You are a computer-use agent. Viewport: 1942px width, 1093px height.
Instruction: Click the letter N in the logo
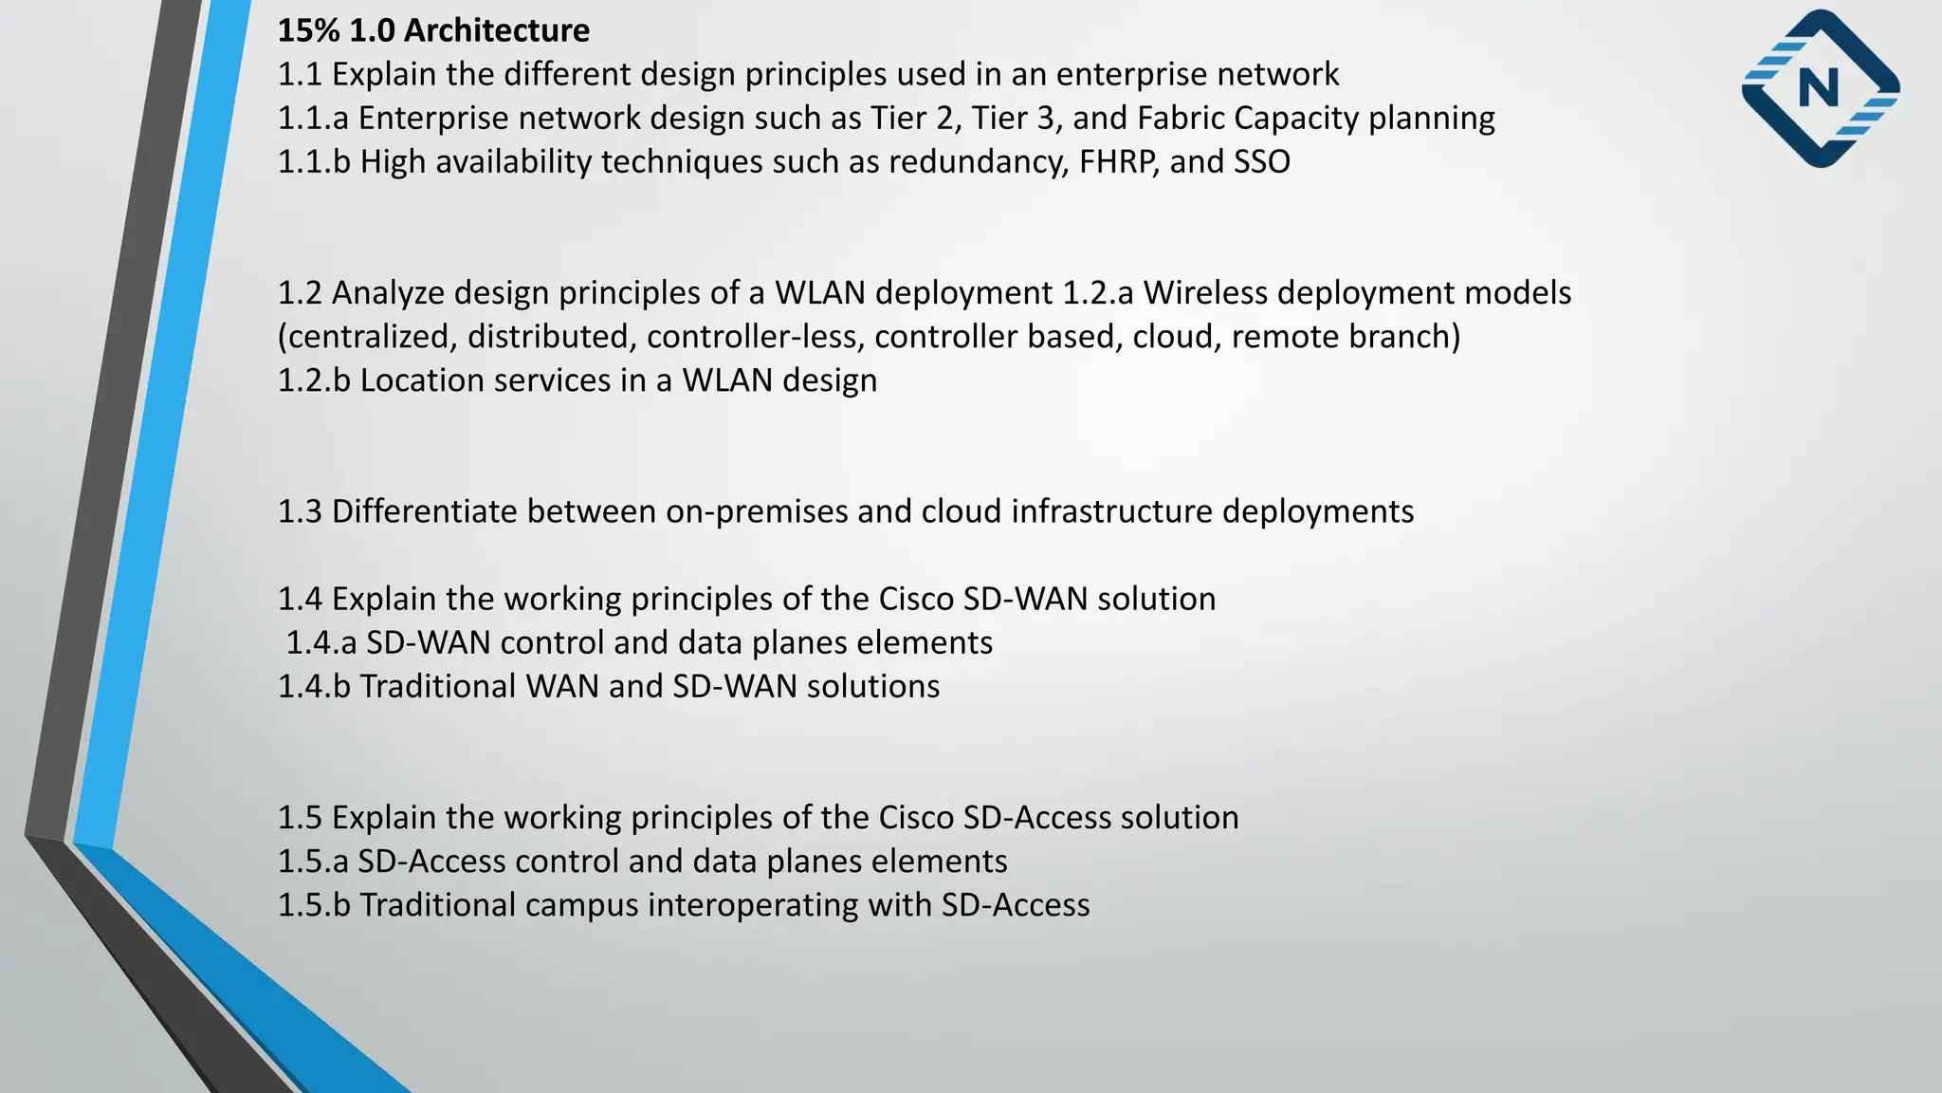(x=1818, y=89)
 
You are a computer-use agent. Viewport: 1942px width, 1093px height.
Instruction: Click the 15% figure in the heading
(x=308, y=30)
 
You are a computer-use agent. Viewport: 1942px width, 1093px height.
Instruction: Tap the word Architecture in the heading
(x=497, y=30)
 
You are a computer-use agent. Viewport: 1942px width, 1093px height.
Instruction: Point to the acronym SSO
(x=1262, y=162)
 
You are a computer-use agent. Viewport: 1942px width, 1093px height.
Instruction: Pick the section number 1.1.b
(x=314, y=162)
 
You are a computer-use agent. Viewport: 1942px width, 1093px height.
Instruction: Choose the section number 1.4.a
(x=321, y=643)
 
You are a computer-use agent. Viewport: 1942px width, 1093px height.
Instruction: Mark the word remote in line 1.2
(x=1275, y=337)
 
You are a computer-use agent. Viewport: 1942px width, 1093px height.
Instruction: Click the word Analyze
(x=388, y=293)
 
